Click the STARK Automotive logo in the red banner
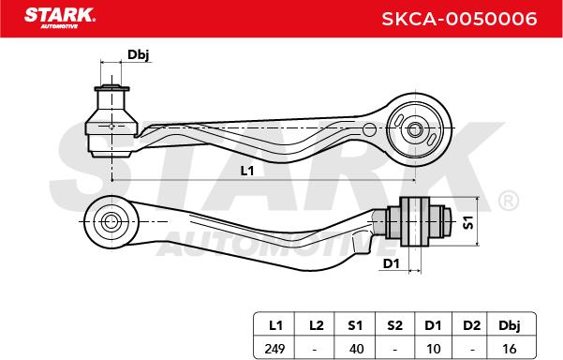[60, 18]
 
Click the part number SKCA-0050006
[459, 19]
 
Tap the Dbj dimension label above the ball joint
[139, 54]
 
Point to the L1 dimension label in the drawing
[247, 171]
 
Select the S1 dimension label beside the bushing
[468, 222]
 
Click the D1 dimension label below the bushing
[391, 263]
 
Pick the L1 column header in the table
[275, 325]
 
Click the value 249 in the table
[274, 349]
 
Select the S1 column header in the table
[355, 325]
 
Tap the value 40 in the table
[356, 349]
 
